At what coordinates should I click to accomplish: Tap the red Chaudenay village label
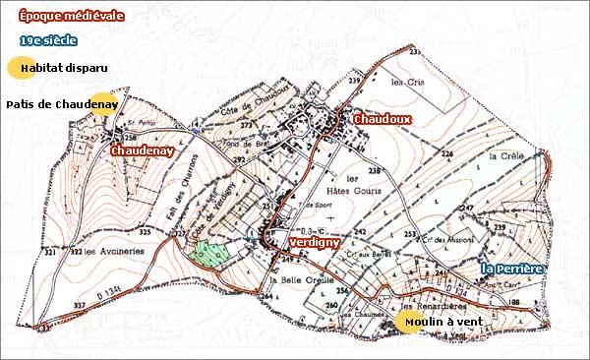[144, 150]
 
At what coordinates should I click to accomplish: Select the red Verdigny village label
[316, 241]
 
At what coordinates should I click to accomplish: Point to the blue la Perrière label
[512, 268]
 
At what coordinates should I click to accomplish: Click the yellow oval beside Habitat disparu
[20, 68]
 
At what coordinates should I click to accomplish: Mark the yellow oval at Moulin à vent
[405, 324]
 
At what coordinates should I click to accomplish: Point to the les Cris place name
[405, 83]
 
